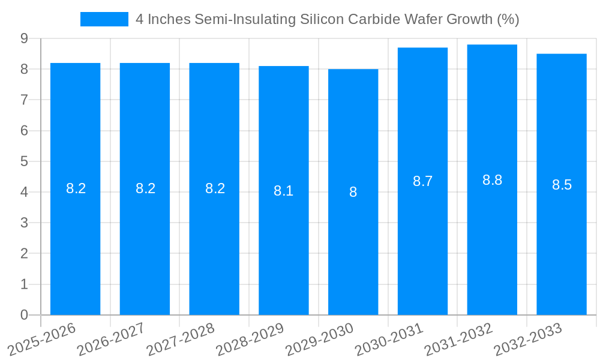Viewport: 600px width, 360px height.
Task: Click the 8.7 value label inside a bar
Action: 422,181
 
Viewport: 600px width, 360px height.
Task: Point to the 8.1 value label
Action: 283,191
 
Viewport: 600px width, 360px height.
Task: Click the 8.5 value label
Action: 562,185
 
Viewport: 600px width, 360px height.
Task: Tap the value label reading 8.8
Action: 492,180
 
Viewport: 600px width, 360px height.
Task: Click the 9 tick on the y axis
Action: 24,38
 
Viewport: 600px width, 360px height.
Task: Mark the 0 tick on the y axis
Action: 24,315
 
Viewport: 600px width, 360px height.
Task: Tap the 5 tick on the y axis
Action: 24,161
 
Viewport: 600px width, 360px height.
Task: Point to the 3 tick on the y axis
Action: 24,223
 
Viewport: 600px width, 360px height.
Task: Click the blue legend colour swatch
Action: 104,19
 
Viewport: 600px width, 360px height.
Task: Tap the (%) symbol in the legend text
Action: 508,19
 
